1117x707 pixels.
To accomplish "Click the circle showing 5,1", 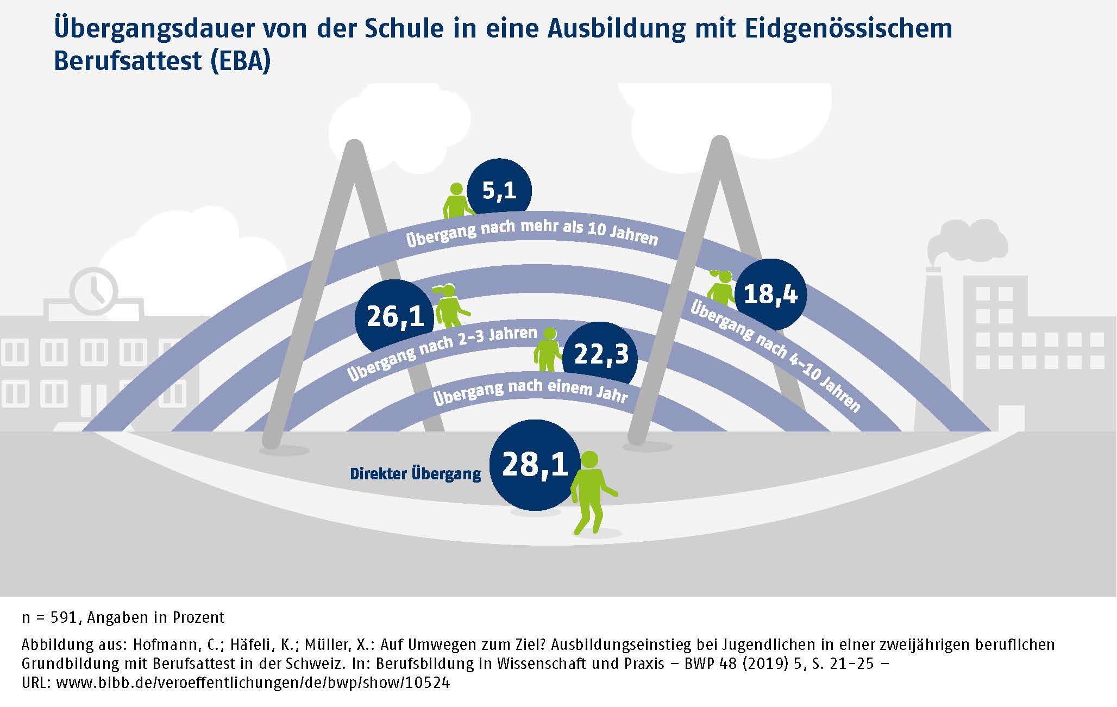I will point(499,190).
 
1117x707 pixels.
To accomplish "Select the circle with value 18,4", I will point(770,294).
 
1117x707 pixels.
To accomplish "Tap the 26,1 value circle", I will point(395,316).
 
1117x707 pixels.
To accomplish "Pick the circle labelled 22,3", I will point(600,354).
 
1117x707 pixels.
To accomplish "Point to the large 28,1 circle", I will point(535,465).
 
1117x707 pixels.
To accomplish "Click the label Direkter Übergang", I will point(416,474).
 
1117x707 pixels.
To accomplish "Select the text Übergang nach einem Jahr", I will point(530,392).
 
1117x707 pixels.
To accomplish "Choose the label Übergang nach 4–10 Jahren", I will point(775,356).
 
